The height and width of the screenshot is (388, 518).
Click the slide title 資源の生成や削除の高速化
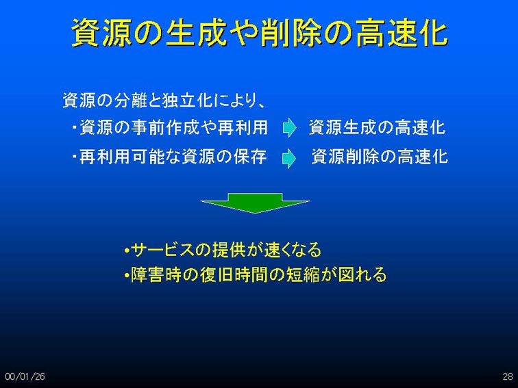(260, 33)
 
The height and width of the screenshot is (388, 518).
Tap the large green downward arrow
(255, 203)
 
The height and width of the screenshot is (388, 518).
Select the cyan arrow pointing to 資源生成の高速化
(290, 127)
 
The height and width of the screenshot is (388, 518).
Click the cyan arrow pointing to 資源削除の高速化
(289, 158)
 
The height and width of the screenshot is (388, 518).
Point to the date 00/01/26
(25, 376)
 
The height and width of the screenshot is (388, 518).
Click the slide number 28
(508, 376)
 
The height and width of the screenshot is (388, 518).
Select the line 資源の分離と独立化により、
(164, 101)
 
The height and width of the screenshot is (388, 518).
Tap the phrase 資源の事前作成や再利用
(174, 127)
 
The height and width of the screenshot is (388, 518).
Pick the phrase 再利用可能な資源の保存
(173, 157)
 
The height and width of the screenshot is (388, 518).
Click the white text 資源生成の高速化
(378, 127)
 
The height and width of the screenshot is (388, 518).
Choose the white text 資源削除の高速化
(380, 157)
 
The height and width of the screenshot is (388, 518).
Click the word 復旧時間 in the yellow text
(234, 274)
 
